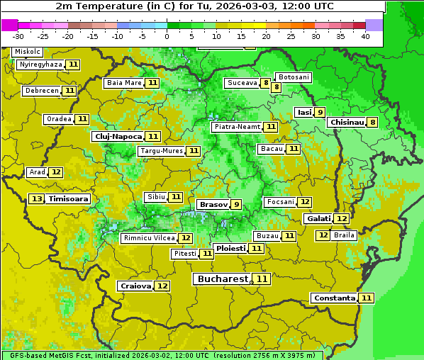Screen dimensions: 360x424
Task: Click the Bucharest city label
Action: tap(223, 279)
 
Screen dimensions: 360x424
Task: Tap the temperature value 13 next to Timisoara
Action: tap(37, 199)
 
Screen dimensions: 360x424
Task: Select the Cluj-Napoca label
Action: tap(118, 136)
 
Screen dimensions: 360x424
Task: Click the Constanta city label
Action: tap(334, 298)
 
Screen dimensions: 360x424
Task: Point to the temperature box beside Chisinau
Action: tap(373, 122)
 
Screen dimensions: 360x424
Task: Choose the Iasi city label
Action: tap(304, 112)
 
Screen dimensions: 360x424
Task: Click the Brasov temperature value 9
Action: tap(236, 204)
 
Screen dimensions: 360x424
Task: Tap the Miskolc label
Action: tap(28, 52)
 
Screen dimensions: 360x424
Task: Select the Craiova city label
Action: tap(135, 286)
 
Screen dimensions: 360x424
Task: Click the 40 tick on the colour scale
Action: tap(365, 36)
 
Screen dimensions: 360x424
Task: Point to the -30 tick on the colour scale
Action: tap(18, 36)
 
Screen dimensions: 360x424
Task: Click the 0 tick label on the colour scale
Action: tap(167, 36)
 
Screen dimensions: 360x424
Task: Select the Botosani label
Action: tap(294, 77)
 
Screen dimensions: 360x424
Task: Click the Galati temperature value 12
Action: tap(342, 219)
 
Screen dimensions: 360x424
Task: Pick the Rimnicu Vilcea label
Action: tap(148, 238)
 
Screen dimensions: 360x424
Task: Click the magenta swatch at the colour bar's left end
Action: tap(9, 24)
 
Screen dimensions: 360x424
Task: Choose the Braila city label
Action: tap(344, 235)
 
